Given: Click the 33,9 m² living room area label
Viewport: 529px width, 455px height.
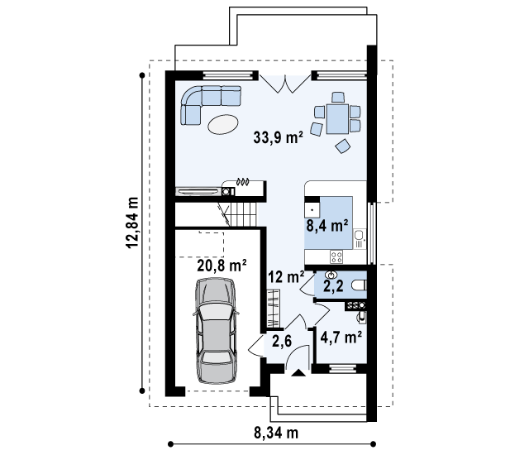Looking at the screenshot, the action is tap(278, 137).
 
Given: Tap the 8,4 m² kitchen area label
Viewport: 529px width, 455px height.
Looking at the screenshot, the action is tap(327, 225).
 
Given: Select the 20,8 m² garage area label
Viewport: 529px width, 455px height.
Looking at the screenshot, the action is tap(222, 266).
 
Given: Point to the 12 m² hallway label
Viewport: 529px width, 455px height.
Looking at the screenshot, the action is tap(286, 277).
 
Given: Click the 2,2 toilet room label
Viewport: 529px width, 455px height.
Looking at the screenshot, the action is tap(333, 286).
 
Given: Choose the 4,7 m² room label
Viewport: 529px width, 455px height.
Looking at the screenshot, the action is tap(341, 337).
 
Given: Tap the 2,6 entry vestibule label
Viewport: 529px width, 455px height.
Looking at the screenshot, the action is tap(282, 341).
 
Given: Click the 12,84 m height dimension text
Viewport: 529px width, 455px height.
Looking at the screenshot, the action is tap(132, 223).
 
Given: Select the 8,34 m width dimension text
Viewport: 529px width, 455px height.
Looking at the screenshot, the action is tap(276, 433).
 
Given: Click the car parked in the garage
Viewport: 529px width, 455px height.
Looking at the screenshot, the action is tap(216, 331).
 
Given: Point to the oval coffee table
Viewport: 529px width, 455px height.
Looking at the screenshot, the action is tap(223, 124).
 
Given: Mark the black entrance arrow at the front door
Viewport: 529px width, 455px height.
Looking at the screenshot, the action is tap(298, 372).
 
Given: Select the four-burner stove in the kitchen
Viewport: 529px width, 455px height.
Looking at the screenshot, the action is tap(336, 256).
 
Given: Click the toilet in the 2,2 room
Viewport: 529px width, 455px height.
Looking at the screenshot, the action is tap(359, 285).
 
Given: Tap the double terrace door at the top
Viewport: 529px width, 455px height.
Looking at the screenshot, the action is tap(284, 83).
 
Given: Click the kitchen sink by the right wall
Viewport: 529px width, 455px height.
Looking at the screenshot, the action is tap(360, 238).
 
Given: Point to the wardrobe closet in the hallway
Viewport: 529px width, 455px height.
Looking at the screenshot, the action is tap(274, 309).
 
